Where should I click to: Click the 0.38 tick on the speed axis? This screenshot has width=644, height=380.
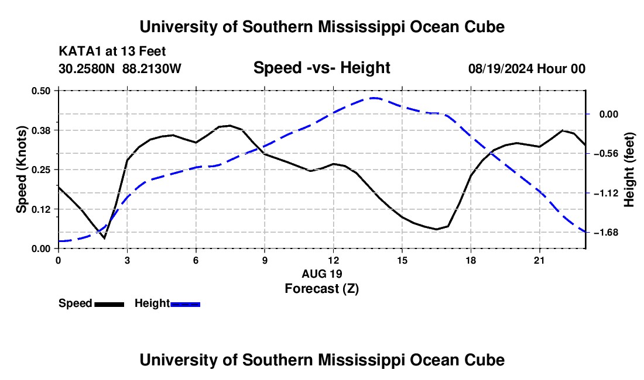(x=40, y=130)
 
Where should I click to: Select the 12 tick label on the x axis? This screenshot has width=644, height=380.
(x=334, y=260)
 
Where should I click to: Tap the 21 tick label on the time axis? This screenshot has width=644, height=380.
(x=539, y=260)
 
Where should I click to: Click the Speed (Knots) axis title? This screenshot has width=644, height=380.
(x=21, y=170)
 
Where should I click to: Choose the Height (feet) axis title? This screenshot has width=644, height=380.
(x=629, y=170)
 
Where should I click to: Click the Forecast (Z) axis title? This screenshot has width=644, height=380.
(x=321, y=289)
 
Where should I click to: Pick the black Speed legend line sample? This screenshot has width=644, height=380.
(x=109, y=304)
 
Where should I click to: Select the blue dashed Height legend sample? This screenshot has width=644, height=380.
(x=185, y=304)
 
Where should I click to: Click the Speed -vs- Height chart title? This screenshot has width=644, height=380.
(x=321, y=68)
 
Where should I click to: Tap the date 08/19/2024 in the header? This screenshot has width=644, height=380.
(x=500, y=68)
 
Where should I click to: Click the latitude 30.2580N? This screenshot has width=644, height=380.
(x=87, y=68)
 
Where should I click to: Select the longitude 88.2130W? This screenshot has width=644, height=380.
(x=152, y=68)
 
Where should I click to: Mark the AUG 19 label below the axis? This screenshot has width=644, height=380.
(x=321, y=274)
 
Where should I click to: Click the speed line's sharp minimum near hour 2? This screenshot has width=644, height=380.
(x=104, y=238)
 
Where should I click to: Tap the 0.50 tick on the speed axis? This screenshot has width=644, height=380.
(x=40, y=91)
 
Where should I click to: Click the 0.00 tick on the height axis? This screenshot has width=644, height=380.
(x=609, y=114)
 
